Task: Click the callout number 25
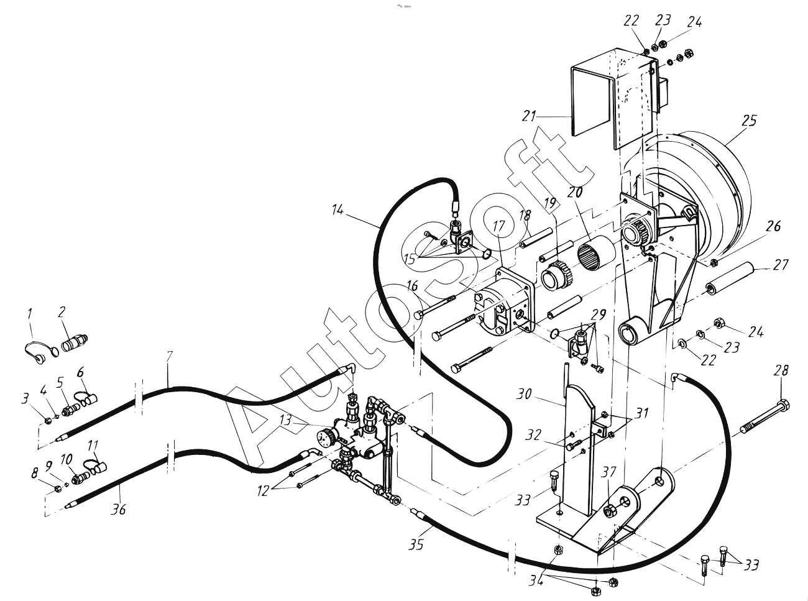pyautogui.click(x=748, y=121)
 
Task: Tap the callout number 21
pyautogui.click(x=529, y=116)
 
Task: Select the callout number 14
pyautogui.click(x=337, y=211)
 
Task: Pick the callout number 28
pyautogui.click(x=781, y=371)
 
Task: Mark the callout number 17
pyautogui.click(x=500, y=226)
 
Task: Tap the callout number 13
pyautogui.click(x=286, y=421)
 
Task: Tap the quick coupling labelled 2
pyautogui.click(x=75, y=343)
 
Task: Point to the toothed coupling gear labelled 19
pyautogui.click(x=556, y=278)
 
